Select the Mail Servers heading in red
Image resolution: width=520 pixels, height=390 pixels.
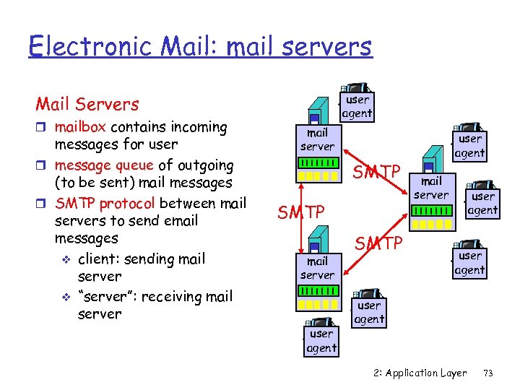[87, 104]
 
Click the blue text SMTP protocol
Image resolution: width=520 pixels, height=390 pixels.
[106, 203]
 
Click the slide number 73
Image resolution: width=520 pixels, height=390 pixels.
[487, 373]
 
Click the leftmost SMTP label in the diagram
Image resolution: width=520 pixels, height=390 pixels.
[301, 212]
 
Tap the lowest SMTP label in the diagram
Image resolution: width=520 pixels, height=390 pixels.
[378, 243]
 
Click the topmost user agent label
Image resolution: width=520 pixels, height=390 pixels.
[357, 106]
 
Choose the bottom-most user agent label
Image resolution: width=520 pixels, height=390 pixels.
[321, 341]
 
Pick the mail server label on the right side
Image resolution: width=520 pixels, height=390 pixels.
[431, 188]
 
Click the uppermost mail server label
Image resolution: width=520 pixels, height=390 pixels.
[317, 139]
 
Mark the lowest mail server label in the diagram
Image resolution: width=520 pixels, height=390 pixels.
[317, 268]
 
